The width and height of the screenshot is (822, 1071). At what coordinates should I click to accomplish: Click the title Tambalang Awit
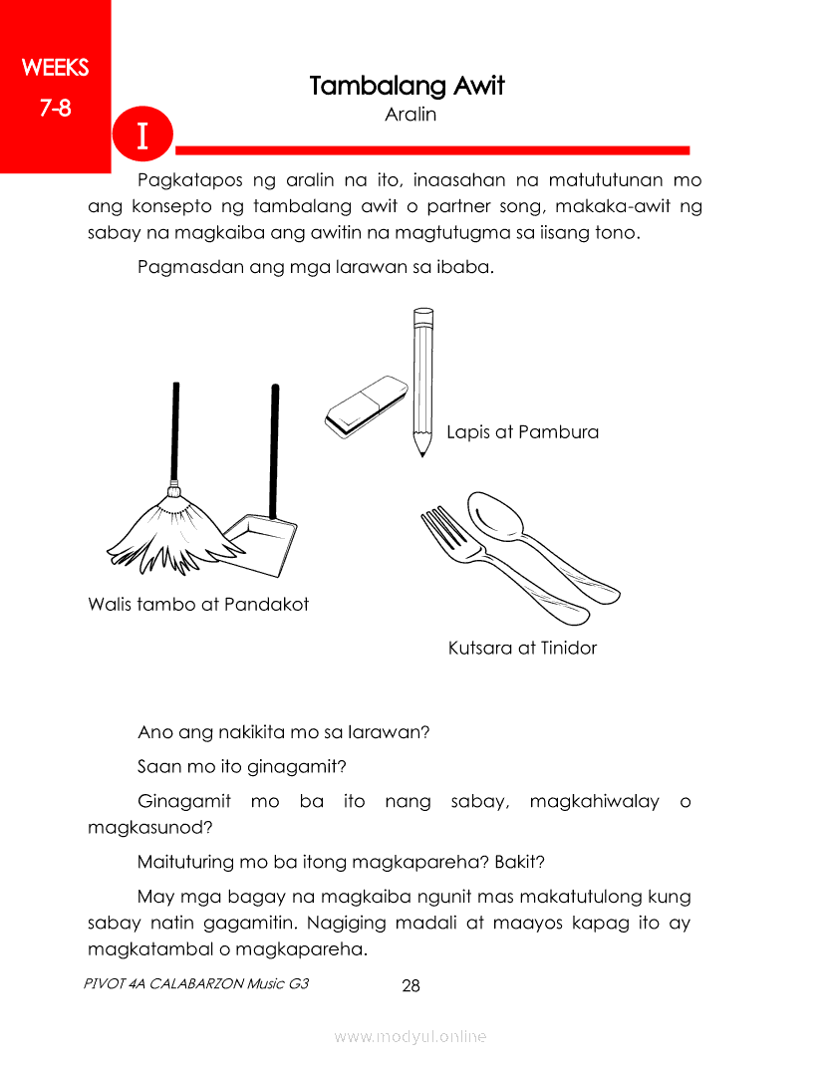[407, 86]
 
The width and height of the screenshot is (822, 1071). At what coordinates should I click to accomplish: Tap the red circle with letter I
[142, 134]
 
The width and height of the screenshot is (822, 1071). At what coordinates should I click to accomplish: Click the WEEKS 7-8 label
[55, 88]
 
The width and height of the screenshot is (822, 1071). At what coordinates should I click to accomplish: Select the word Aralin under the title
[411, 115]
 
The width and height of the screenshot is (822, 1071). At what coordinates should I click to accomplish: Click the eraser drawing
[365, 406]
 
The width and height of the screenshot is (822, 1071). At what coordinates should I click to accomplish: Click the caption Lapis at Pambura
[522, 432]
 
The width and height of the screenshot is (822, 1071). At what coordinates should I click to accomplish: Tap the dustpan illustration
[257, 543]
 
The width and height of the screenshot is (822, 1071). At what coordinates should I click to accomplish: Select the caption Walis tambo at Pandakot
[198, 605]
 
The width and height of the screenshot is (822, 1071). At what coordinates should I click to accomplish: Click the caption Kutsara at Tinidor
[522, 649]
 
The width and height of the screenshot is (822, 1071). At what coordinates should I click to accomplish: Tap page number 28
[411, 986]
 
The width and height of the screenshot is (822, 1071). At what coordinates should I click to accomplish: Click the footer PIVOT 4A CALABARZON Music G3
[197, 983]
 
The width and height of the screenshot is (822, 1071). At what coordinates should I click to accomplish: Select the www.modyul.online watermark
[411, 1037]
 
